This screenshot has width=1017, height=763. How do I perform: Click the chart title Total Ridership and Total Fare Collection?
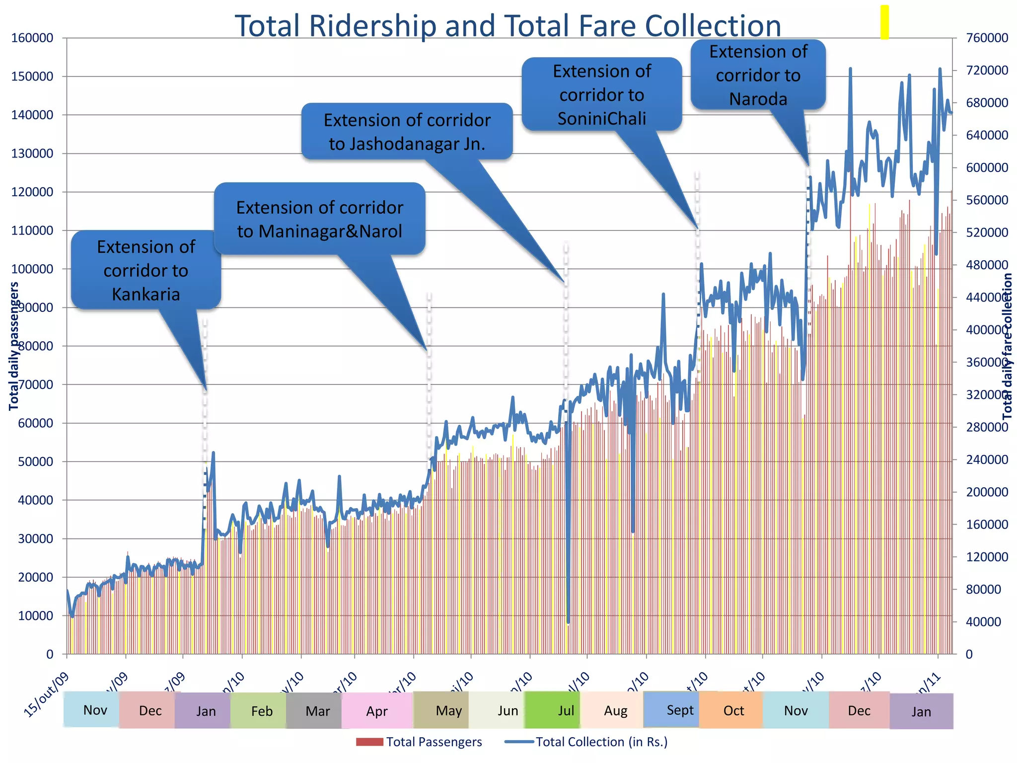click(508, 26)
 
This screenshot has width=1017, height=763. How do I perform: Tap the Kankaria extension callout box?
click(146, 270)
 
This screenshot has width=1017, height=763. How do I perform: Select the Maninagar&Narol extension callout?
click(319, 219)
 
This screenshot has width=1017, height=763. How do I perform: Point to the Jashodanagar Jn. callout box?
click(407, 132)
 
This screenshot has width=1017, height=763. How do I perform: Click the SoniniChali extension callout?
click(601, 94)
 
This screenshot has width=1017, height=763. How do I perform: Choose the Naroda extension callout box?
click(758, 75)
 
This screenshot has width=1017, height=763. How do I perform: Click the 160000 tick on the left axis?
click(32, 38)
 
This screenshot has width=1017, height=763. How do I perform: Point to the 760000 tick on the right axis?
click(987, 38)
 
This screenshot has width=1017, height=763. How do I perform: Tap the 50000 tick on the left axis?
click(35, 462)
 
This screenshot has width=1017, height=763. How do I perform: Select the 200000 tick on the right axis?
click(987, 492)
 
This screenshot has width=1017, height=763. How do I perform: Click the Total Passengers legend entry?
click(419, 742)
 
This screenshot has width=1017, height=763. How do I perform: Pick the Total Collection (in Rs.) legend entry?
click(586, 742)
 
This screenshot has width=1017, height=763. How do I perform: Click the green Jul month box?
click(566, 711)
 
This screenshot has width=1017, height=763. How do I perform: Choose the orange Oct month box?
click(733, 711)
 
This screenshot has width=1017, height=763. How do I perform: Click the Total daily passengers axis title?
click(14, 346)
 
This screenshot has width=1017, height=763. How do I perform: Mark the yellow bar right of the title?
click(884, 22)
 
